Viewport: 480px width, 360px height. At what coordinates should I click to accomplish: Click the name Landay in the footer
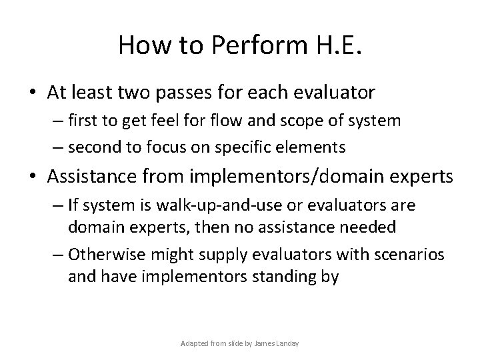(x=286, y=343)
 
